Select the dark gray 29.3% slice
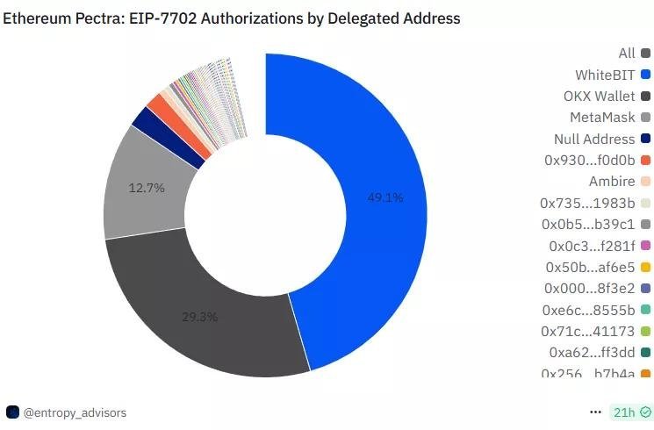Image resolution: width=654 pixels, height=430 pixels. point(202,307)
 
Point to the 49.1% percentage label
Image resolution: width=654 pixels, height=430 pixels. point(385,197)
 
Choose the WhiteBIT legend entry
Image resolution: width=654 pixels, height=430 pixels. point(605,75)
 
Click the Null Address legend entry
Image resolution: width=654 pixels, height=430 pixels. point(594,139)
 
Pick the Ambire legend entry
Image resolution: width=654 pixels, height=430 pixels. point(612,181)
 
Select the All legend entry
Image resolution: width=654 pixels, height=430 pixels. point(627,54)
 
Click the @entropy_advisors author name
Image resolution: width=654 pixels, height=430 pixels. point(75,412)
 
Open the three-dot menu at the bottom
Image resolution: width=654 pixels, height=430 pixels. point(596,412)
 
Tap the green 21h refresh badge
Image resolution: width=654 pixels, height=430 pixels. point(631,412)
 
